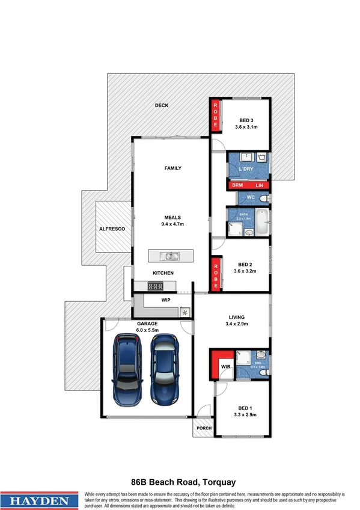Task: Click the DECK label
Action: point(162,105)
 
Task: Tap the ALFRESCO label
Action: point(112,229)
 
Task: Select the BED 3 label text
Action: point(246,120)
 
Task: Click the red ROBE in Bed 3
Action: point(215,116)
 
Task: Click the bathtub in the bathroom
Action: point(262,222)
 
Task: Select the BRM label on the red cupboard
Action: point(237,186)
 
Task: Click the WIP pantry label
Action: point(166,299)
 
